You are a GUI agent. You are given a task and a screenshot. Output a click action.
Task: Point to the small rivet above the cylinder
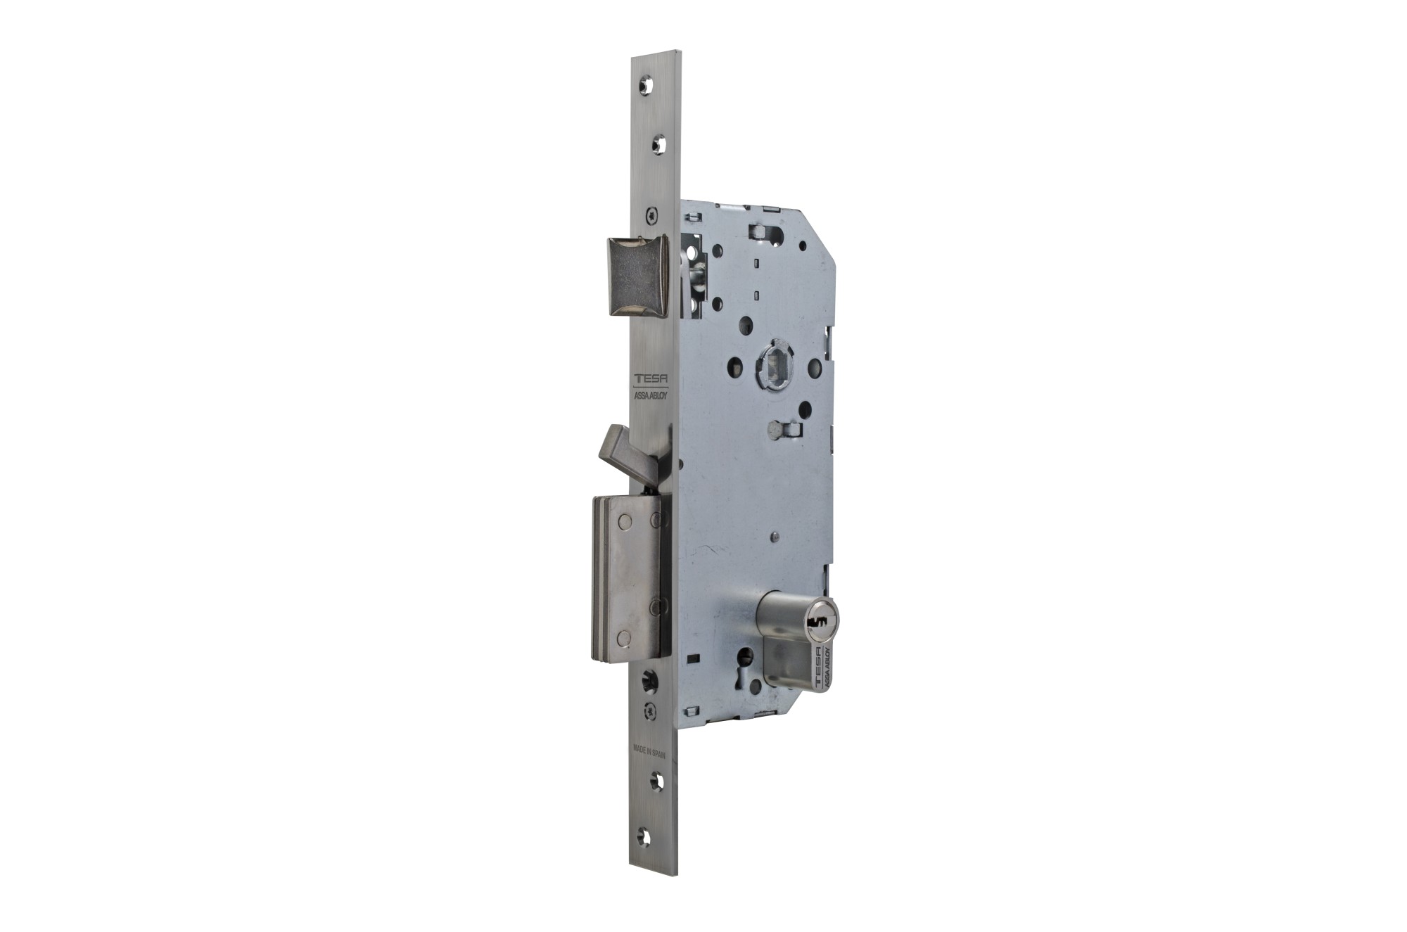(774, 537)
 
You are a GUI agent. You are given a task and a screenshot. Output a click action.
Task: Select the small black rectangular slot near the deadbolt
(695, 658)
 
